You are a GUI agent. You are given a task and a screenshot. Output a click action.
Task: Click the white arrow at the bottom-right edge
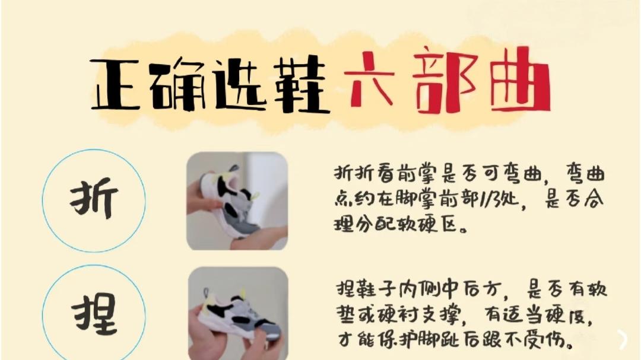[x=623, y=339]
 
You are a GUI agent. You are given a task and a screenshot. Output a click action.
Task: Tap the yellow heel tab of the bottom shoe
[x=242, y=294]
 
